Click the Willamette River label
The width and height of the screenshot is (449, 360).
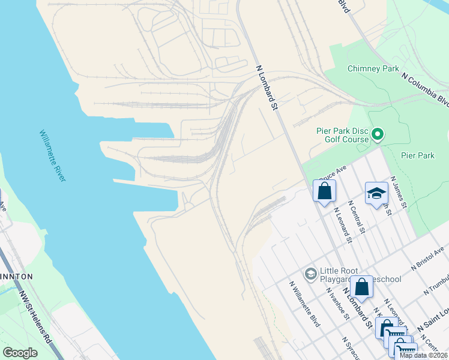pyautogui.click(x=53, y=156)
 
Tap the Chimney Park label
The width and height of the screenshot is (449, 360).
pyautogui.click(x=373, y=68)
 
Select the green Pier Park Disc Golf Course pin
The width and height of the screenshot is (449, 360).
pyautogui.click(x=378, y=134)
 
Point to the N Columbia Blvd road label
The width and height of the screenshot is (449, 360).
pyautogui.click(x=425, y=89)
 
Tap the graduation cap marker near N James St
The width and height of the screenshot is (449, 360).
pyautogui.click(x=376, y=193)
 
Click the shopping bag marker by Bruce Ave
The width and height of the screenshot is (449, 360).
pyautogui.click(x=324, y=191)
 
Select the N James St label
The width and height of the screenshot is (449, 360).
pyautogui.click(x=399, y=193)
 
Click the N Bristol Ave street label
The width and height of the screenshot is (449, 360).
pyautogui.click(x=427, y=257)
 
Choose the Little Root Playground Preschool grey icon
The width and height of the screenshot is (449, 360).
pyautogui.click(x=310, y=274)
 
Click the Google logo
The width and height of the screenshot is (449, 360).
pyautogui.click(x=20, y=353)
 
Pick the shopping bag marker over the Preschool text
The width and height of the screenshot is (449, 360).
pyautogui.click(x=362, y=286)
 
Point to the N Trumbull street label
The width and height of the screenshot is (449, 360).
pyautogui.click(x=436, y=283)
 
